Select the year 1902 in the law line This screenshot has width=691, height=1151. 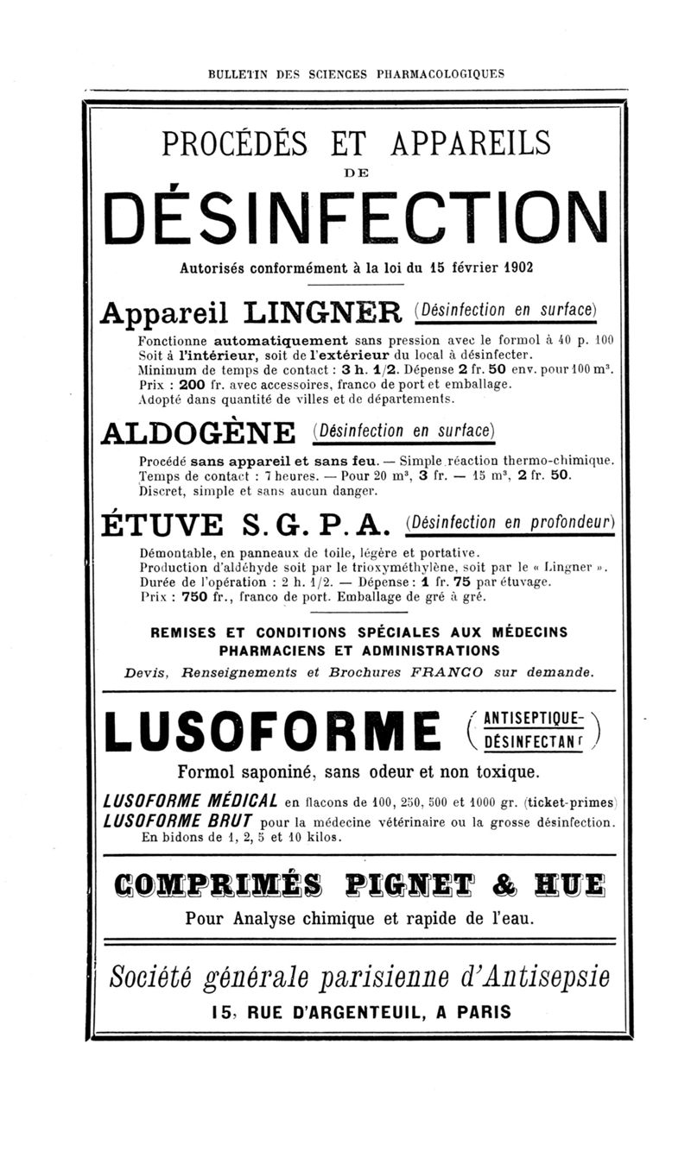pos(516,267)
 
